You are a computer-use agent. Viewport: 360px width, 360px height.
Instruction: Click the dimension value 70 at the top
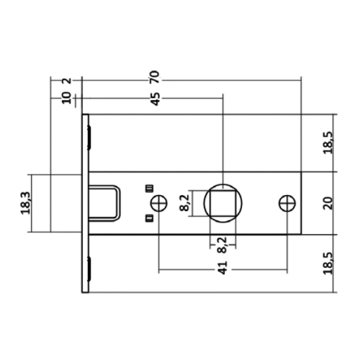(x=155, y=77)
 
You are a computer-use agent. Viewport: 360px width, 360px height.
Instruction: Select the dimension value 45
(x=156, y=99)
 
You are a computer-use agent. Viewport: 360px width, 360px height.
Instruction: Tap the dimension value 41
(x=222, y=268)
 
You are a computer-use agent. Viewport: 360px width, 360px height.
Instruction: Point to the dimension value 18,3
(x=25, y=203)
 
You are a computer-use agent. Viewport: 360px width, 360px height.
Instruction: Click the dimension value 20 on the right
(x=328, y=203)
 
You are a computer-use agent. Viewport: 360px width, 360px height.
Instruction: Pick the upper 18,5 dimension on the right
(x=328, y=143)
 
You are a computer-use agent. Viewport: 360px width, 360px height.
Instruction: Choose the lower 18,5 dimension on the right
(x=328, y=263)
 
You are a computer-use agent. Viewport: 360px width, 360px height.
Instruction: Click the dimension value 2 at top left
(x=67, y=81)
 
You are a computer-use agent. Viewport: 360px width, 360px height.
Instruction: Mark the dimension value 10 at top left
(x=67, y=98)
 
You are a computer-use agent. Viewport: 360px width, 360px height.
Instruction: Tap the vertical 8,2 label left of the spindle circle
(x=185, y=203)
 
